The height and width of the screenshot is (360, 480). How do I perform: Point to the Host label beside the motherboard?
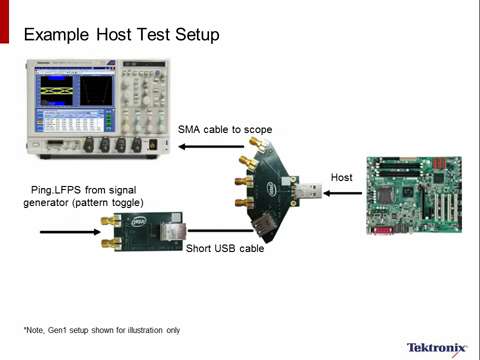click(341, 177)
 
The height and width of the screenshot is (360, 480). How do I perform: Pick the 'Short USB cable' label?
click(225, 249)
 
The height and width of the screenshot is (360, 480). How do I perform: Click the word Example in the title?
click(56, 36)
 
